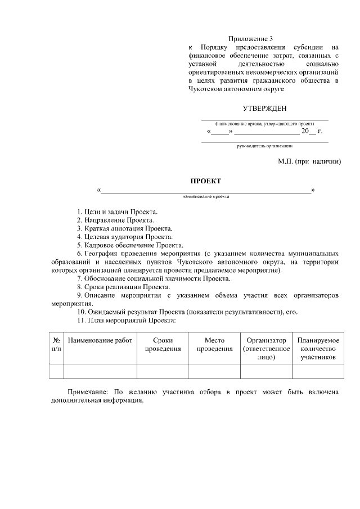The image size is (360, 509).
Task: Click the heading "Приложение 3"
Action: click(x=254, y=39)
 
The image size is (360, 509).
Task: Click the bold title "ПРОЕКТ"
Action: click(x=205, y=181)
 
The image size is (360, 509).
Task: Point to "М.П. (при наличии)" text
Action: click(x=309, y=161)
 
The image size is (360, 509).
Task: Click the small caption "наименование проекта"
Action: click(x=206, y=197)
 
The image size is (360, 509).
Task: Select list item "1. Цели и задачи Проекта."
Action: click(x=116, y=211)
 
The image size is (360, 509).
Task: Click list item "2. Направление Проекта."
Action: click(x=115, y=220)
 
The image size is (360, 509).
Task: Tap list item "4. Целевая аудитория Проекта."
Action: click(x=124, y=237)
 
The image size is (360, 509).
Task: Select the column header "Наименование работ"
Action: click(x=100, y=340)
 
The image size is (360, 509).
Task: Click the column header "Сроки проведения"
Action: click(x=163, y=344)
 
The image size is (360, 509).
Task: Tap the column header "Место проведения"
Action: click(x=214, y=344)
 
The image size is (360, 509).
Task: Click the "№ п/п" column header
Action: click(x=56, y=344)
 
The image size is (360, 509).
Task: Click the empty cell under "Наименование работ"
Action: click(x=100, y=371)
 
